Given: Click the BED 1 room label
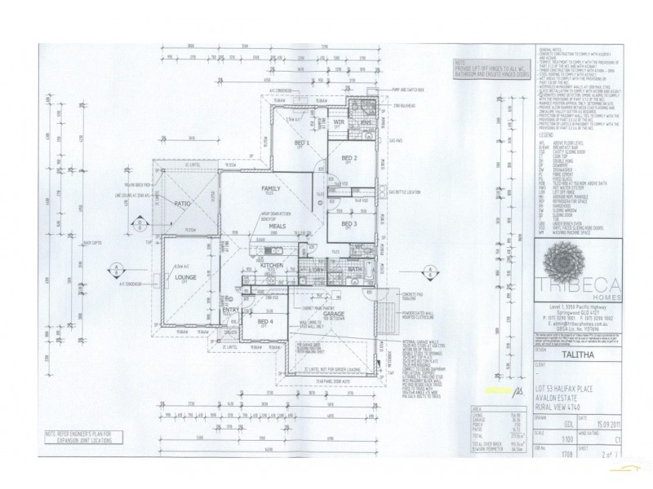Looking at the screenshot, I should tap(300, 141).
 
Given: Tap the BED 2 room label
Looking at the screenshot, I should tap(349, 157).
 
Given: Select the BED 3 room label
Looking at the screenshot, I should tap(349, 223).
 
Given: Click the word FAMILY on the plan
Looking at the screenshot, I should tap(271, 188).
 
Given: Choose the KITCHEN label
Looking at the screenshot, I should tap(271, 266).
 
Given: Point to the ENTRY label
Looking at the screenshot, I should tap(229, 309).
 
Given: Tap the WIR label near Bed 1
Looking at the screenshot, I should tap(338, 121).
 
